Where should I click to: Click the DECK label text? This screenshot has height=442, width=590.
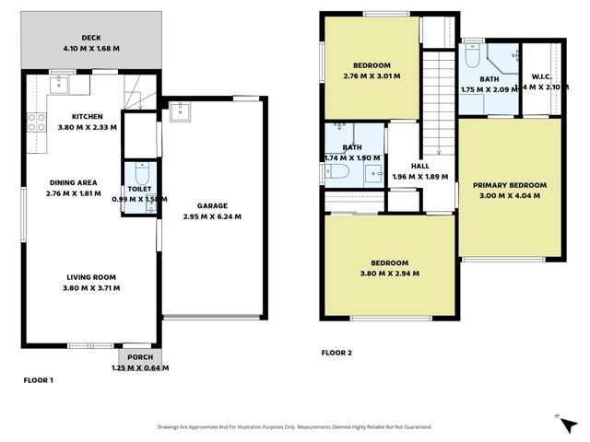click(x=90, y=38)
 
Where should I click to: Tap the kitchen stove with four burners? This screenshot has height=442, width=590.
click(x=38, y=122)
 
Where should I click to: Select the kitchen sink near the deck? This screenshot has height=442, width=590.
click(x=55, y=84)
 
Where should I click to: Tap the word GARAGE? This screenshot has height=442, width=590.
click(x=211, y=206)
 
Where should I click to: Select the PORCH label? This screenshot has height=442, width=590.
click(x=141, y=357)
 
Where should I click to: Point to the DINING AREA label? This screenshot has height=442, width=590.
click(x=73, y=183)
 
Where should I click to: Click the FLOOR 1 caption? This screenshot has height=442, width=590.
click(x=39, y=379)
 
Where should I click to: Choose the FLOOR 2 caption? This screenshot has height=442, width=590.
click(x=336, y=353)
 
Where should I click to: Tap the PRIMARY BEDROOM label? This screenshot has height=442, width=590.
click(x=510, y=185)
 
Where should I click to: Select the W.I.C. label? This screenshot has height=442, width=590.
click(x=541, y=76)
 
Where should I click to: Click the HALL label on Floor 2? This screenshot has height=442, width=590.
click(x=419, y=166)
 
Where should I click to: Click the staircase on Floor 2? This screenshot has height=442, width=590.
click(x=438, y=101)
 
